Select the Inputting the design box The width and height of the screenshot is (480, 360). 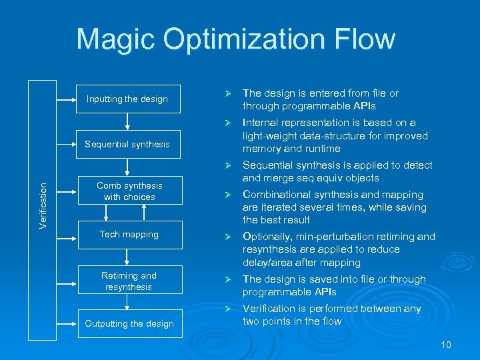(x=127, y=99)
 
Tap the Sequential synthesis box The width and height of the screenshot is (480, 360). (x=127, y=144)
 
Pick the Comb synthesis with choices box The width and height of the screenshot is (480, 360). (x=129, y=191)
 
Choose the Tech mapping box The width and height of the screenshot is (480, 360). (x=129, y=235)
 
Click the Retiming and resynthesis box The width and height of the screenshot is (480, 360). (x=129, y=281)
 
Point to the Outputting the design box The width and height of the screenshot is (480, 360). (x=129, y=324)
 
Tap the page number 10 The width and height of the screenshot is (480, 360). (x=446, y=345)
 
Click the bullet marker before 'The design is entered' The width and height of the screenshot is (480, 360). (x=227, y=94)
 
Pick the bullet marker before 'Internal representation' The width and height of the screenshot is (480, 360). (x=227, y=123)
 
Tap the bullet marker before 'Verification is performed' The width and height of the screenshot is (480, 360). (x=227, y=309)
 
